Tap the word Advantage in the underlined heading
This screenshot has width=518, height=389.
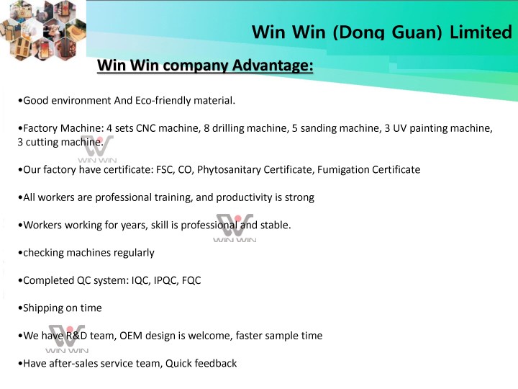[272, 65]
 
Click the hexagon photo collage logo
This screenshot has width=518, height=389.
[43, 30]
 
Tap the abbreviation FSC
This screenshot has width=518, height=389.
[165, 169]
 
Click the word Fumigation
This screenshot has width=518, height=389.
[343, 170]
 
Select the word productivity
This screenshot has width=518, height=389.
[245, 197]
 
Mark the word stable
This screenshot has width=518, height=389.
[275, 225]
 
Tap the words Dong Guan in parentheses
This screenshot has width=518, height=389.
[387, 32]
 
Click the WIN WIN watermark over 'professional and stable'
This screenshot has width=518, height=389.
[235, 228]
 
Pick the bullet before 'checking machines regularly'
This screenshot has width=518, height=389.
[20, 253]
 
